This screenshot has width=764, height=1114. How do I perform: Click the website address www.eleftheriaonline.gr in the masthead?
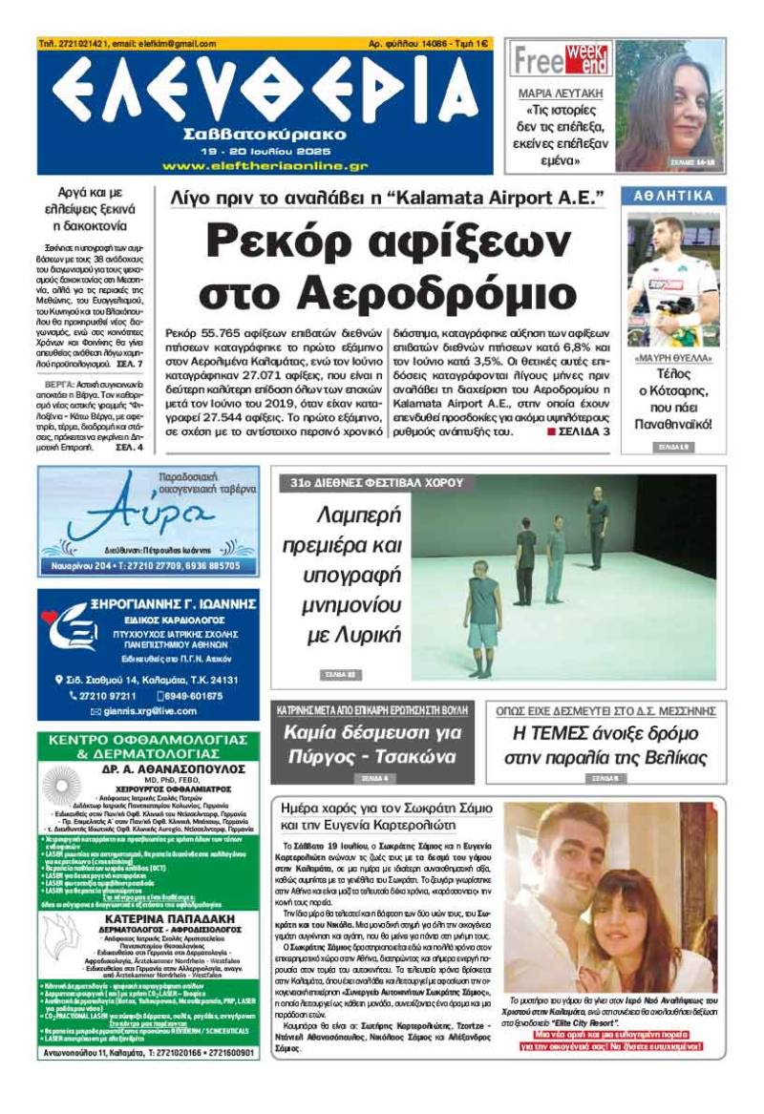(x=265, y=165)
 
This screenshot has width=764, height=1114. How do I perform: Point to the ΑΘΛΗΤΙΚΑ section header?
(x=674, y=197)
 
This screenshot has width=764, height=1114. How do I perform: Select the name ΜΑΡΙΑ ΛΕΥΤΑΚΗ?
(x=561, y=95)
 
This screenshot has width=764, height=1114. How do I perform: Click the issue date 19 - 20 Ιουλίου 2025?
(x=265, y=151)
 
